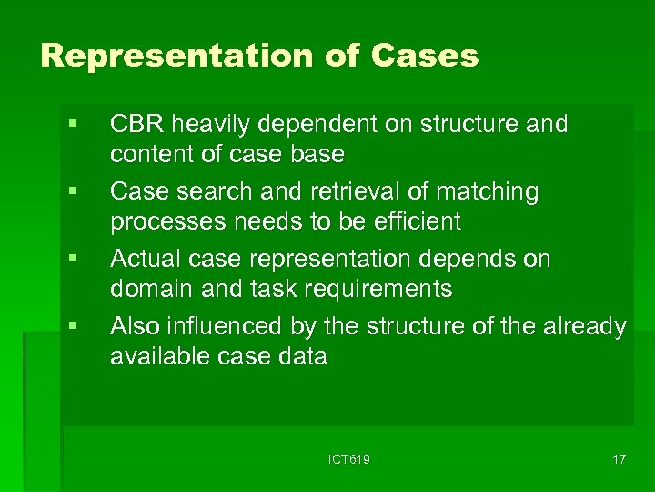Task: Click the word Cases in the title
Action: (425, 56)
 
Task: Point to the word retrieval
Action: (333, 192)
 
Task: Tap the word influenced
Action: (227, 326)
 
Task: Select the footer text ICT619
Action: (348, 459)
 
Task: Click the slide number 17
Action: (619, 459)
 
